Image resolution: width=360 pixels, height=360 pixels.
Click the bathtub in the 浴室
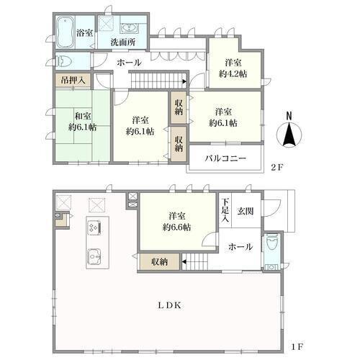(65, 32)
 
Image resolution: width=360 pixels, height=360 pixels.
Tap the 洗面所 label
(122, 42)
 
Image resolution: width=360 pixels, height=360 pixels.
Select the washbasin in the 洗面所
(129, 28)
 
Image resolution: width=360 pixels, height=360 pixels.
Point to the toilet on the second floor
(63, 60)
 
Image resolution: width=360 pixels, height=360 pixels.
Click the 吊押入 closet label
(73, 80)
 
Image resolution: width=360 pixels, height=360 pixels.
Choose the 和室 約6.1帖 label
(83, 122)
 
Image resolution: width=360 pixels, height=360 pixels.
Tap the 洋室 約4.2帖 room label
(233, 68)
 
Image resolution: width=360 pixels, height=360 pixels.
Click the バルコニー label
(225, 158)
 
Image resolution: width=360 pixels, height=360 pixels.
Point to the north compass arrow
(289, 135)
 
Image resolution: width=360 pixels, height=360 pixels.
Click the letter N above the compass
(289, 116)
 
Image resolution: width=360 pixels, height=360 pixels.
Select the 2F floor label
(277, 167)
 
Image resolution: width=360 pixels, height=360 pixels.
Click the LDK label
(169, 305)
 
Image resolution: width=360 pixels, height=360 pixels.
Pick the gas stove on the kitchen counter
(94, 227)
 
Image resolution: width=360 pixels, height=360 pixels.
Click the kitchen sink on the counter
(94, 256)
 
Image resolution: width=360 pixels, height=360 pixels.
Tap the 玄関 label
(246, 211)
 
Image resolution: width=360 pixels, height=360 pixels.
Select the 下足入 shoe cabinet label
(225, 210)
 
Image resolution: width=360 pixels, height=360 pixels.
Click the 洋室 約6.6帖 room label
(176, 221)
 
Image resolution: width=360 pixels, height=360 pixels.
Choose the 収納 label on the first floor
(160, 262)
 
